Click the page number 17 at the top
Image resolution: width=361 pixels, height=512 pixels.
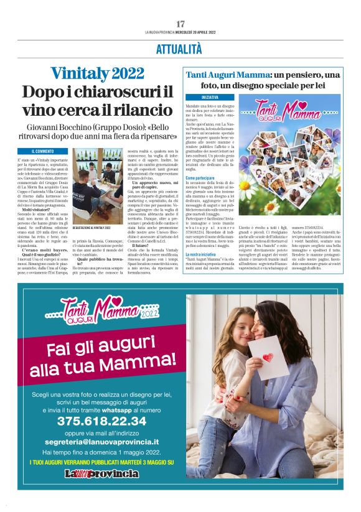coord(180,24)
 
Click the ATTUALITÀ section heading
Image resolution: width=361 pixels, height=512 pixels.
coord(180,48)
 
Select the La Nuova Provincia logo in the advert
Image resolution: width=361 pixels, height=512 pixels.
coord(101,473)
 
